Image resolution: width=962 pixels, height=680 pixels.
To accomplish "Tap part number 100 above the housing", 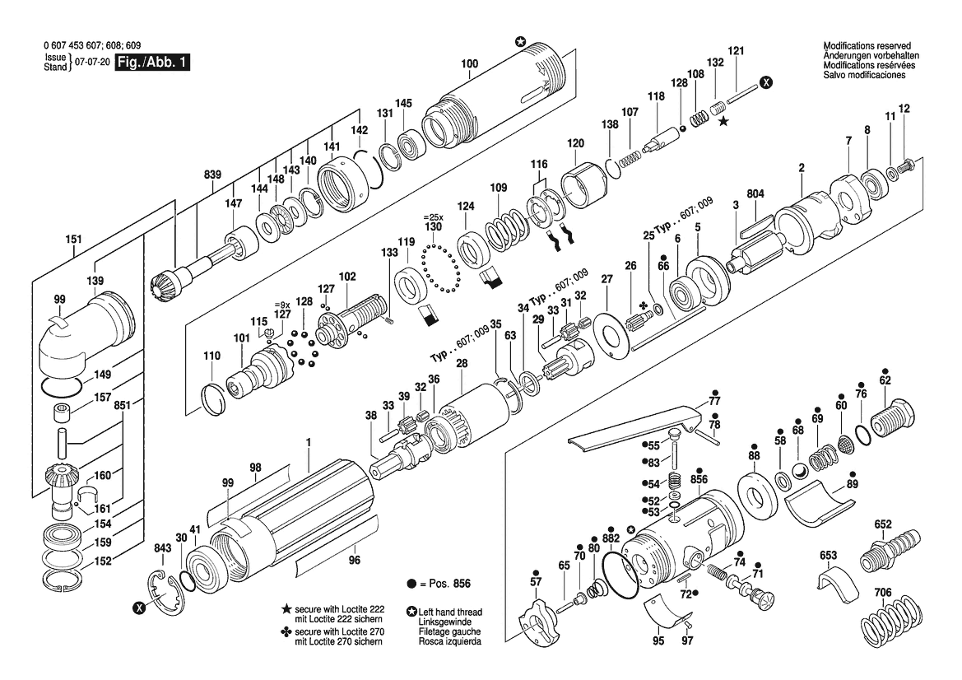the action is pos(469,64).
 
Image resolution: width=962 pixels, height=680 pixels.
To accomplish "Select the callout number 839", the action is pos(212,175).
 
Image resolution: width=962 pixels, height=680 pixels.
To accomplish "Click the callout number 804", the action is pos(755,194).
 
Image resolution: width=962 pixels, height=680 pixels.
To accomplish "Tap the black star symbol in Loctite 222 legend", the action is pos(286,609).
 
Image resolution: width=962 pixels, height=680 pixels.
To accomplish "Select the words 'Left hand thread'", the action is pos(450,612).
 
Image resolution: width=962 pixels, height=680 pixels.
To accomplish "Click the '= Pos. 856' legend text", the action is pos(445,584).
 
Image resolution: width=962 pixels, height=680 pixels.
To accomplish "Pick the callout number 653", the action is pos(828,556).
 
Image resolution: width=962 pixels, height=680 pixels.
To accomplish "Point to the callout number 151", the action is pos(73,240).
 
